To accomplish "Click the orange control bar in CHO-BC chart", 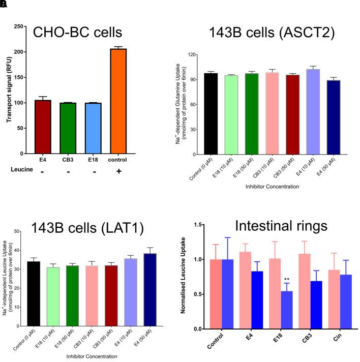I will pos(118,101).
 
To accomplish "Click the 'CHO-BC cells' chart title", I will pos(78,33).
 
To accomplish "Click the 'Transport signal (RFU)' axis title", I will pos(9,89).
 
